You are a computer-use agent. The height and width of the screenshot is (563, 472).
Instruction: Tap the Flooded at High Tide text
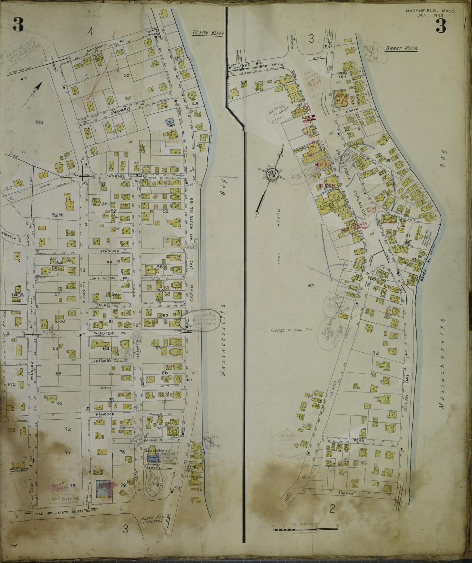point(291,330)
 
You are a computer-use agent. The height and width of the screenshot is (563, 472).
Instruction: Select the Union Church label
point(154,450)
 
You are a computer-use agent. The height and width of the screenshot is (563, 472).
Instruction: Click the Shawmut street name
point(118,113)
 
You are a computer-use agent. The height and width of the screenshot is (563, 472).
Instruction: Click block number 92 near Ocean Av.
point(375,353)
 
